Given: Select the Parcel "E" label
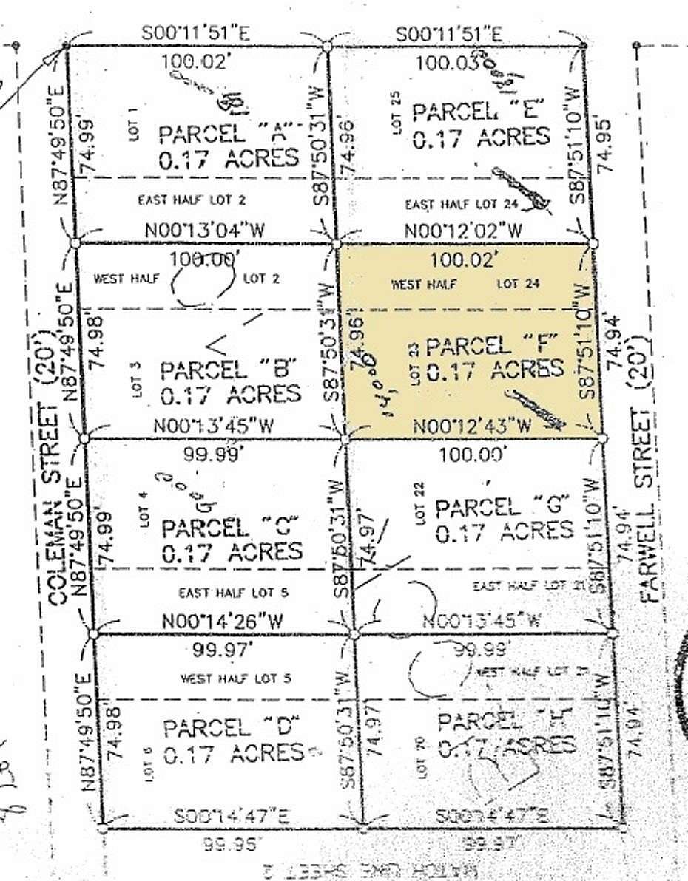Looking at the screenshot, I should click(480, 112).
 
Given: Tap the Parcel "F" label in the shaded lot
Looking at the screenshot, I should click(489, 345).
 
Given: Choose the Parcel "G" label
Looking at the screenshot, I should click(503, 507).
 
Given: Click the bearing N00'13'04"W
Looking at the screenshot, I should click(205, 229).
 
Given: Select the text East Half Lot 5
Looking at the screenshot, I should click(233, 592).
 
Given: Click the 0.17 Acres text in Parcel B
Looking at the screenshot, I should click(231, 394).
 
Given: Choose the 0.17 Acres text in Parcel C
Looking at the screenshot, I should click(232, 551).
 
